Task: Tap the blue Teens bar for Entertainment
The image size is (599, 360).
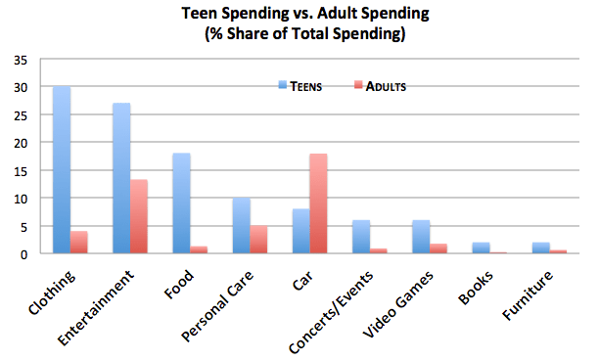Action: click(121, 178)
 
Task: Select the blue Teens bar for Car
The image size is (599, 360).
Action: click(300, 231)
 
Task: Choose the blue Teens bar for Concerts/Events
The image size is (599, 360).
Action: click(360, 237)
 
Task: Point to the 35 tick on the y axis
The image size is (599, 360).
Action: click(21, 60)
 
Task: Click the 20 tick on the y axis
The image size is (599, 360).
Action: click(21, 143)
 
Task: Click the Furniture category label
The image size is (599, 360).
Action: click(528, 290)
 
